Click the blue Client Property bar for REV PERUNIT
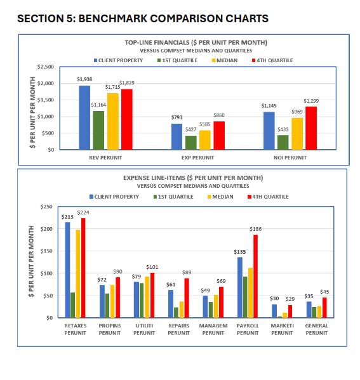(84, 118)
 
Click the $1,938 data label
(84, 79)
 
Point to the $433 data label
(283, 129)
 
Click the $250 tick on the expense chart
(47, 207)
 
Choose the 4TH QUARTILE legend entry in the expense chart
(270, 197)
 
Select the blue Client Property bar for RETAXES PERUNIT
(68, 270)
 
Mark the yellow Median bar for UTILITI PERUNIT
(147, 297)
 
